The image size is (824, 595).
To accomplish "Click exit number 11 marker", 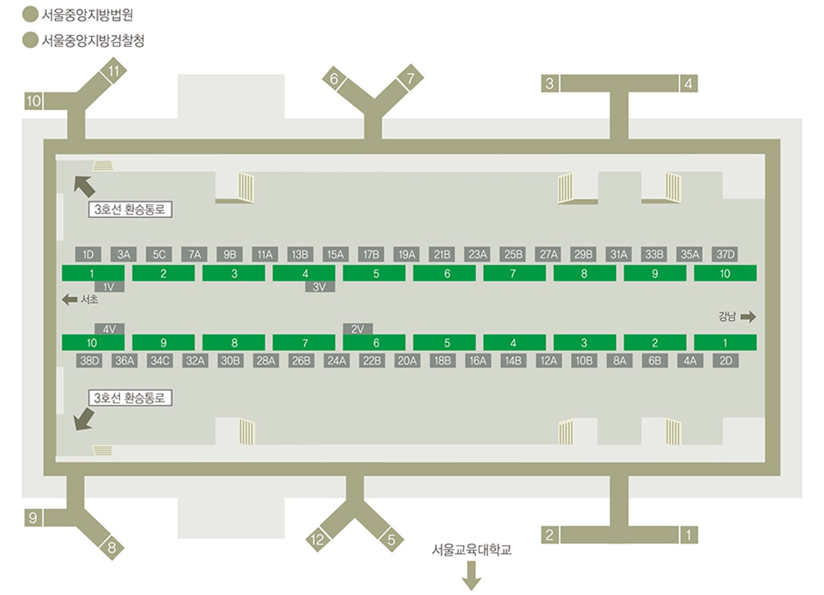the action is (114, 71).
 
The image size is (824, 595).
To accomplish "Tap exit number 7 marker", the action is (411, 77).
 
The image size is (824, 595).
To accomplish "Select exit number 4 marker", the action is (688, 83).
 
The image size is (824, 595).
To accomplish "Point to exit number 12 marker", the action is (317, 539).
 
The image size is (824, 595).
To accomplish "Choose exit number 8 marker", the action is (112, 547).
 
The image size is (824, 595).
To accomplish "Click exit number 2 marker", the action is (550, 535).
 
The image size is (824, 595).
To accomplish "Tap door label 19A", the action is (406, 254).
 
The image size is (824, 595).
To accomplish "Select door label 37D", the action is (725, 254).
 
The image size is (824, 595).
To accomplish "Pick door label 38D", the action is (89, 361).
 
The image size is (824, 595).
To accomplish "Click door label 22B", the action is (372, 361).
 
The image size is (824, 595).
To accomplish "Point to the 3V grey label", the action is (320, 287).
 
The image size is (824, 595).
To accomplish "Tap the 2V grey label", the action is (358, 329).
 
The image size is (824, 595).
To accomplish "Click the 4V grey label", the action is (109, 329).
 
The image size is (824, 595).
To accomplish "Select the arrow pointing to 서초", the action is (69, 300).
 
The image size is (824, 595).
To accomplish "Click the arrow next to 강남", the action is (748, 317).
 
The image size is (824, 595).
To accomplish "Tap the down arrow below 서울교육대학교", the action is (472, 575).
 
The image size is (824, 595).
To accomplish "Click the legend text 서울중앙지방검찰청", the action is (93, 41).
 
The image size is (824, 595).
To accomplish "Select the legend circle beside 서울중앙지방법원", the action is (30, 14).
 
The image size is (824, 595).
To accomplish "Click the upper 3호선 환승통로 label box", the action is (130, 209).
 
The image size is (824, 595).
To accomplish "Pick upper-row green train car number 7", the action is (515, 273).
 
